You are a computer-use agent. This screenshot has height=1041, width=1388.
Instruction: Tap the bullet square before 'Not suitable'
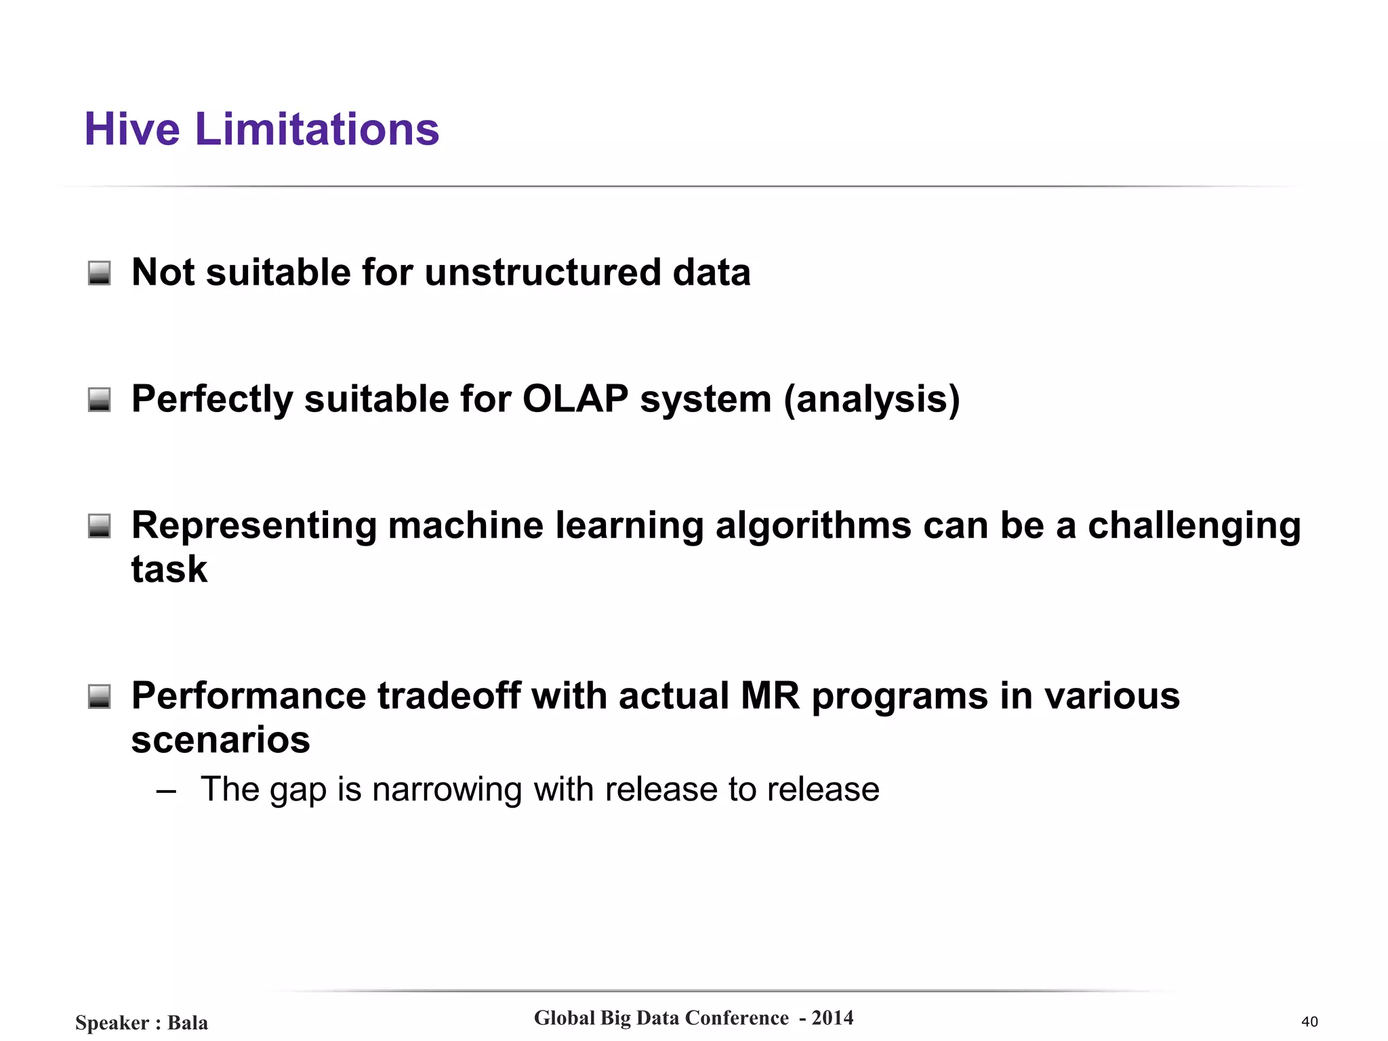point(100,273)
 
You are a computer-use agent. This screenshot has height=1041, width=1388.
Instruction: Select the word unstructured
point(542,272)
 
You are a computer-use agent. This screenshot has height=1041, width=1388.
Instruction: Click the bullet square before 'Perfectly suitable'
point(100,399)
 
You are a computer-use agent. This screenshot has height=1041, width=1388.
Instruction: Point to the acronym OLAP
point(575,399)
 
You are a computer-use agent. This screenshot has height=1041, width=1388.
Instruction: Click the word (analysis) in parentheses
point(872,400)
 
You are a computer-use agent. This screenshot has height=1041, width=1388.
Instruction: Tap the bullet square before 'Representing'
point(100,526)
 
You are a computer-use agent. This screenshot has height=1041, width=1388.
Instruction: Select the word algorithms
point(813,527)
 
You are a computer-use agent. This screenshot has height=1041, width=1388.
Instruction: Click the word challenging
point(1193,527)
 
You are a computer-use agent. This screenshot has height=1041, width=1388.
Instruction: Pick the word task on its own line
point(169,569)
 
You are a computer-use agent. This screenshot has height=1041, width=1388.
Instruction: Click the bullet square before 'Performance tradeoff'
point(100,696)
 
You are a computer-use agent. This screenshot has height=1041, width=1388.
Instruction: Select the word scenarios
point(220,740)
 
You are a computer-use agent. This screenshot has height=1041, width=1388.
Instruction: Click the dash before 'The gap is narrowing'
point(166,791)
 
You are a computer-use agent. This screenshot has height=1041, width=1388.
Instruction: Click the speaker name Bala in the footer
point(188,1023)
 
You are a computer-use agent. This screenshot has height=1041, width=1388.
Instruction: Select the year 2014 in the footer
point(832,1018)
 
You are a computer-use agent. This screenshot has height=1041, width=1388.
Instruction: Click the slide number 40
point(1309,1022)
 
